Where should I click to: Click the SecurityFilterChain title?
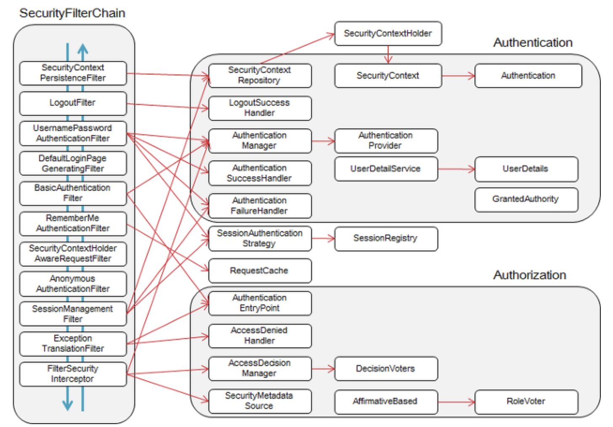(72, 13)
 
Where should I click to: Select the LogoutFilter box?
(73, 103)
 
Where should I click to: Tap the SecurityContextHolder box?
(388, 34)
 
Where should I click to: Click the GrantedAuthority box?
(526, 200)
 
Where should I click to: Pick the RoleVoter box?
(526, 402)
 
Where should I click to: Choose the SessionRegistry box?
(386, 239)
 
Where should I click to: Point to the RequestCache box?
(260, 271)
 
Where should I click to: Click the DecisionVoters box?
(386, 369)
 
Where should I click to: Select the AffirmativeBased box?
(386, 402)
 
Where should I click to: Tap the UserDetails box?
(526, 169)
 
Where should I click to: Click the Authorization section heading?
(529, 275)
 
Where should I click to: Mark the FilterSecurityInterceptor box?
(73, 374)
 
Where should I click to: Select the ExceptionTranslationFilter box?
(73, 344)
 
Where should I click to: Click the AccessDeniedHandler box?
(260, 336)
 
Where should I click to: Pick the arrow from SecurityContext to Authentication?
(458, 76)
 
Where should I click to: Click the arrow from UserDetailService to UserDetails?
(456, 169)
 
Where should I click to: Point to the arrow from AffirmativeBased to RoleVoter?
(456, 402)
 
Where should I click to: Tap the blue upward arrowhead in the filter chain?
(83, 50)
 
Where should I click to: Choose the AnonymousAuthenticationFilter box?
(73, 284)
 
